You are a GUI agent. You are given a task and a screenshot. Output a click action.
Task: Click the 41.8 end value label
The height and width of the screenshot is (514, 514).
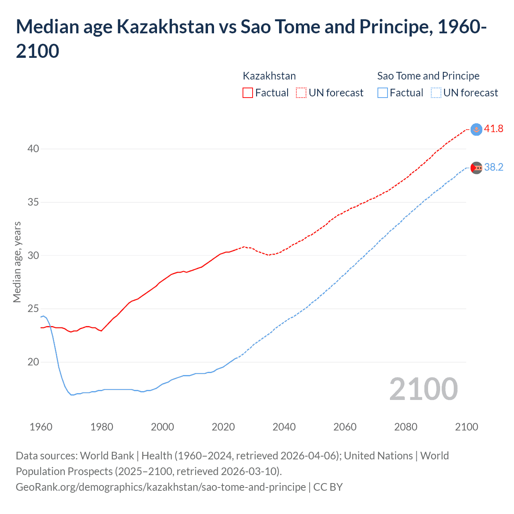click(x=494, y=128)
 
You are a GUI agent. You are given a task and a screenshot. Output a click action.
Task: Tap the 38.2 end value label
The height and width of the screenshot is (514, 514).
click(x=494, y=167)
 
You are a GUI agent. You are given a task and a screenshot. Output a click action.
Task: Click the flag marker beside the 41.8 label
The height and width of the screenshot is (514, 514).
click(x=476, y=129)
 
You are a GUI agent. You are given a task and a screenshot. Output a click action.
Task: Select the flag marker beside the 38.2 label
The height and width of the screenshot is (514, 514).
click(x=476, y=167)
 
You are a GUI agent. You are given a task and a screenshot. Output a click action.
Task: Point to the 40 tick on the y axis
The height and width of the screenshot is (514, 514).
click(x=33, y=149)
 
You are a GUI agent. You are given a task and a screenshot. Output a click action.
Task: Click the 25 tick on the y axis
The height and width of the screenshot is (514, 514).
click(x=33, y=309)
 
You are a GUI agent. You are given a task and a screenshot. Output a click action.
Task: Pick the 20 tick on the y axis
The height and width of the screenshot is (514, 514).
click(x=33, y=362)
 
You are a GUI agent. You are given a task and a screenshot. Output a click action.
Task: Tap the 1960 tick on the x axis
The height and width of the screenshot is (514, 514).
click(x=41, y=427)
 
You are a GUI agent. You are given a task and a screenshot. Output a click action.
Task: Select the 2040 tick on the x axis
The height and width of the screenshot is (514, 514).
click(x=284, y=427)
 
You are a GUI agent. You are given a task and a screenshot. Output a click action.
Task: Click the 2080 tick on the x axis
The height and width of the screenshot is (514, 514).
click(x=406, y=427)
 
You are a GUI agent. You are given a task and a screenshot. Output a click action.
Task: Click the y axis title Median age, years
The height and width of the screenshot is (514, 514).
click(x=17, y=262)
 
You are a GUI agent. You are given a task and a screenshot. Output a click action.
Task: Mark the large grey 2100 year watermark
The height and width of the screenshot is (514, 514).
click(x=423, y=389)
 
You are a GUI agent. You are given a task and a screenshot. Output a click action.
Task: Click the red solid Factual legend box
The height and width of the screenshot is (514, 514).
click(x=248, y=93)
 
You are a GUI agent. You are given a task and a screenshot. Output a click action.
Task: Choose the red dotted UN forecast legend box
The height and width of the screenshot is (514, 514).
click(x=301, y=93)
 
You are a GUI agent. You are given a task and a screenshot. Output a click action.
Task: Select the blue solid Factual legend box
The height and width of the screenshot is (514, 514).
click(x=383, y=93)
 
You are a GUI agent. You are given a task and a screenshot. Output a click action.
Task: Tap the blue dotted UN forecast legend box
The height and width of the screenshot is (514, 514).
click(x=436, y=93)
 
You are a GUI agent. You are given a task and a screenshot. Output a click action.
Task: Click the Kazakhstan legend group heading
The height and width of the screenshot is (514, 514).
click(x=269, y=76)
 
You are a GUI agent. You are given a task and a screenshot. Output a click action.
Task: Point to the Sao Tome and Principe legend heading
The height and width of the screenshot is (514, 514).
click(x=428, y=76)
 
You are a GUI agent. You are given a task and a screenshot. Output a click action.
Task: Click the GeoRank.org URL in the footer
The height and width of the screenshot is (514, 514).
click(x=161, y=487)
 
